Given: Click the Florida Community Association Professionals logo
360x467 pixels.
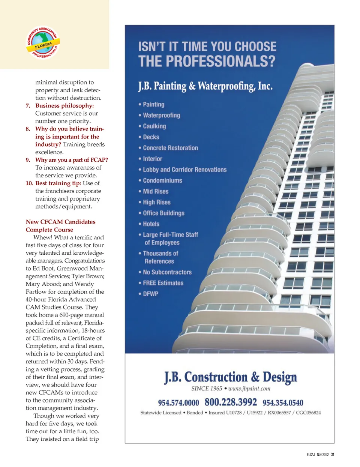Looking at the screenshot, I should (x=43, y=43).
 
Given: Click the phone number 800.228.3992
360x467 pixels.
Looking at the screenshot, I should (x=231, y=402).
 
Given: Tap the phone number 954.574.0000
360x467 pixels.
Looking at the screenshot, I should (x=178, y=403).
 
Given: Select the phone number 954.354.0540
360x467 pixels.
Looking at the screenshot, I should (x=283, y=403).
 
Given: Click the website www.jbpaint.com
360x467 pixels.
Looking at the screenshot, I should (x=249, y=389).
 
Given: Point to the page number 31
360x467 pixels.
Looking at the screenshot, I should (x=332, y=455).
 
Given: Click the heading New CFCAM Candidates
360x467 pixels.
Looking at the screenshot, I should (x=60, y=222).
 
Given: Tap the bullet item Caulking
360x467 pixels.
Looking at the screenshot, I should (x=154, y=126).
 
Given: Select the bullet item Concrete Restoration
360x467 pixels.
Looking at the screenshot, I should (x=170, y=148).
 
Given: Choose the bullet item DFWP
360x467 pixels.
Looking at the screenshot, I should (x=150, y=294).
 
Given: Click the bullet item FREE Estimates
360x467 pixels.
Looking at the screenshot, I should (x=163, y=283).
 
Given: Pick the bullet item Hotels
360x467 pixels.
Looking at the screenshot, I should (x=151, y=224).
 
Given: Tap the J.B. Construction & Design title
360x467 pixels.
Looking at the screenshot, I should (x=230, y=377).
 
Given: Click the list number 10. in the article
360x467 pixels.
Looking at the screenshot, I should (x=29, y=183).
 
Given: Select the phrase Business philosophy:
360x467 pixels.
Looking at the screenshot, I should (x=64, y=105).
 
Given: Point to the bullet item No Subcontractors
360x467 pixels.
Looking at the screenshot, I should (x=167, y=272).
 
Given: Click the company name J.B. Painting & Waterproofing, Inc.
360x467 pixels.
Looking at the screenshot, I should (x=205, y=86).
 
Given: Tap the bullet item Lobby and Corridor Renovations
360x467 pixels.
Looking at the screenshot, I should (x=184, y=170).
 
